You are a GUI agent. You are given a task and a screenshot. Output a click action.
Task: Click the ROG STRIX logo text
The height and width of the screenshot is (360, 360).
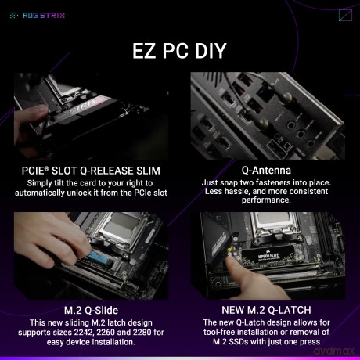click(44, 16)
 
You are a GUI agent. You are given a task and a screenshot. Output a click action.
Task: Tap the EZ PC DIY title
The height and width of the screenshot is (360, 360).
click(179, 51)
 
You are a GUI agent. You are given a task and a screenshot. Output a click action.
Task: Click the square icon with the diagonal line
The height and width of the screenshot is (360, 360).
click(345, 16)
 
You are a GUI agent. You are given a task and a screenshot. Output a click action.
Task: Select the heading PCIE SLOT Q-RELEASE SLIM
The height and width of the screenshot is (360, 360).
click(91, 171)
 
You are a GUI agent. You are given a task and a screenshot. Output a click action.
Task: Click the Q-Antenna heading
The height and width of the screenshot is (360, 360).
click(266, 171)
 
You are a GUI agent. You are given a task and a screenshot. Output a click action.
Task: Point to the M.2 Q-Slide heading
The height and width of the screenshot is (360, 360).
click(91, 310)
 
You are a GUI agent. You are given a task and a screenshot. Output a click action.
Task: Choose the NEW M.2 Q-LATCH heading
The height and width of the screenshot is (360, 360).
click(266, 310)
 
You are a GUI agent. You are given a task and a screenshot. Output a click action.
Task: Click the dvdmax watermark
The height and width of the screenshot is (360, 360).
click(334, 351)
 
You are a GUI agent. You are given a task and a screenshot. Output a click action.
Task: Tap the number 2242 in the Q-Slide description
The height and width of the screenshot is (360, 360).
click(83, 332)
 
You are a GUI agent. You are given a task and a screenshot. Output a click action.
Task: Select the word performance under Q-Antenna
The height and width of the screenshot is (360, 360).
click(266, 200)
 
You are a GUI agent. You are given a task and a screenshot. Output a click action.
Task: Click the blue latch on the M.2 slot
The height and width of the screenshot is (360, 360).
click(99, 257)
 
